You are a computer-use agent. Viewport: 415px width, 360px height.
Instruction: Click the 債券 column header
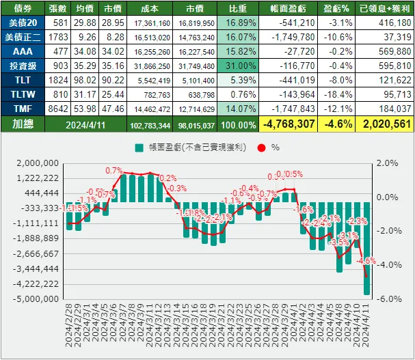[x=23, y=9]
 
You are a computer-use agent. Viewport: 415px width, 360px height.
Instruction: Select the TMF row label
[x=23, y=108]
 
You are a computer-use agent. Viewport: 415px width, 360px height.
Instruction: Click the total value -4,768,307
[x=288, y=124]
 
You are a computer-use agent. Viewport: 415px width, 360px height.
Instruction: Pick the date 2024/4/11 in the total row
[x=86, y=124]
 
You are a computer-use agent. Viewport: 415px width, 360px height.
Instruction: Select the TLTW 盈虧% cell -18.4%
[x=338, y=94]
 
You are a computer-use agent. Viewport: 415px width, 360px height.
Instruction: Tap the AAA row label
[x=23, y=52]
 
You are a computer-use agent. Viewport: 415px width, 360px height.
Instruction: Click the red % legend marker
[x=258, y=147]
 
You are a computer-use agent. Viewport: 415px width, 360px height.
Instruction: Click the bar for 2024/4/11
[x=366, y=248]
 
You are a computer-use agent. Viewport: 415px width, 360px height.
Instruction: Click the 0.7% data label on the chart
[x=114, y=171]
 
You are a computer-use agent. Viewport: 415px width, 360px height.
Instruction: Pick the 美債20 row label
[x=23, y=23]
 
